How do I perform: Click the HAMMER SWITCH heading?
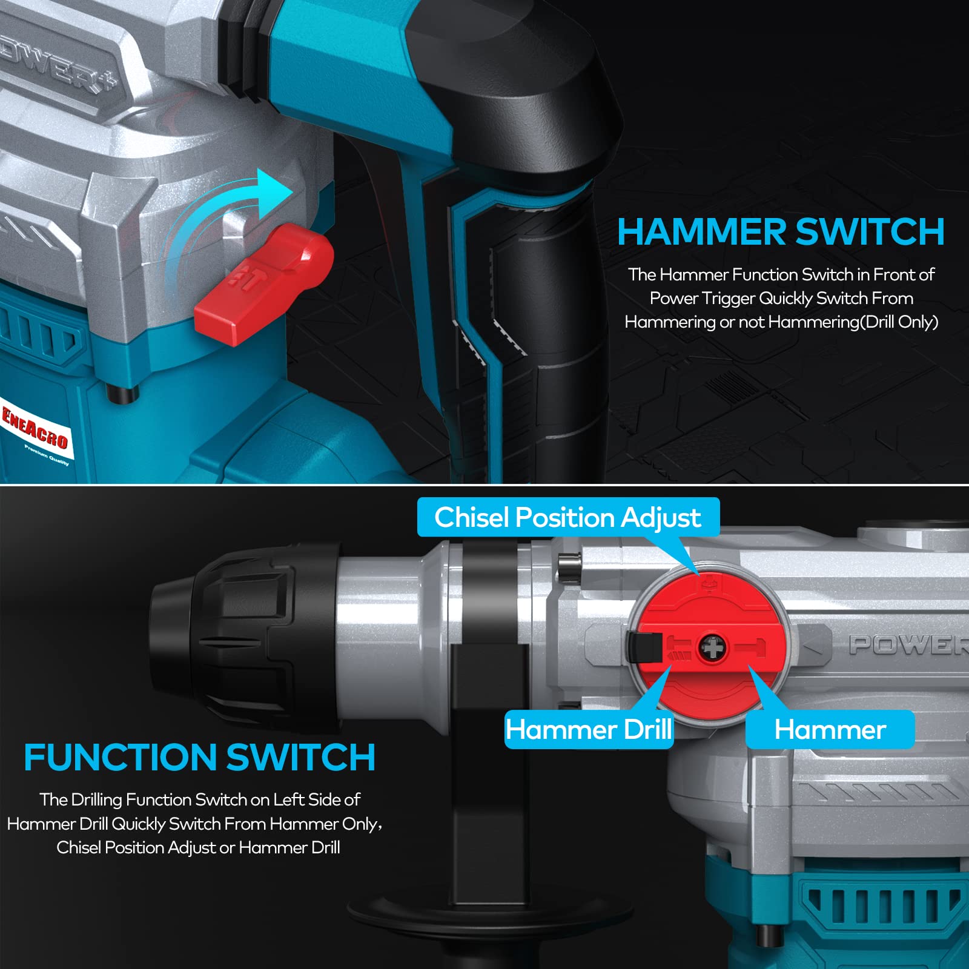pyautogui.click(x=781, y=231)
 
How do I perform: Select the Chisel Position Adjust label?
pyautogui.click(x=568, y=517)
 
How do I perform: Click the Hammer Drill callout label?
pyautogui.click(x=589, y=729)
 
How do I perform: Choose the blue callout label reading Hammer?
pyautogui.click(x=830, y=729)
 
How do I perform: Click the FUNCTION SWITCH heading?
pyautogui.click(x=199, y=757)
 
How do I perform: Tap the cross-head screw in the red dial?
pyautogui.click(x=713, y=649)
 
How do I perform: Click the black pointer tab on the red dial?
pyautogui.click(x=644, y=646)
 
